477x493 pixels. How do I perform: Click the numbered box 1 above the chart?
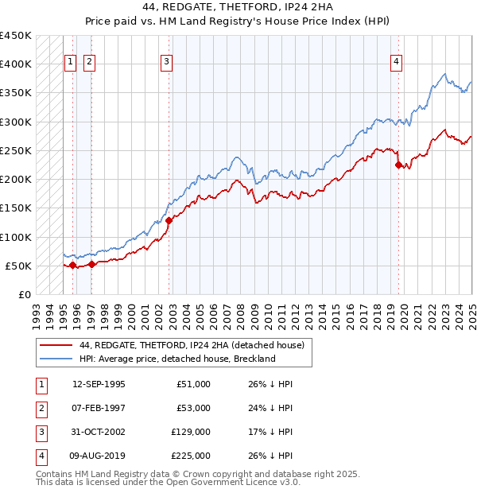tap(70, 63)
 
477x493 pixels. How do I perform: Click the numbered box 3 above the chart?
tap(166, 63)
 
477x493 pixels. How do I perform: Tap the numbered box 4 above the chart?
tap(396, 63)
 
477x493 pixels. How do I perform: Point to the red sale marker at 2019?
tap(398, 165)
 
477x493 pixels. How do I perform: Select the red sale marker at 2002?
tap(169, 220)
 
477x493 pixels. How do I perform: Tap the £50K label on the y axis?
tap(19, 266)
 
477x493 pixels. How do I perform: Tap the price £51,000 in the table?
tap(194, 383)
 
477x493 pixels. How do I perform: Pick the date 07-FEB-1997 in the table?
tap(99, 407)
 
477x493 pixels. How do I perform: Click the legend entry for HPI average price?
tap(177, 359)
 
